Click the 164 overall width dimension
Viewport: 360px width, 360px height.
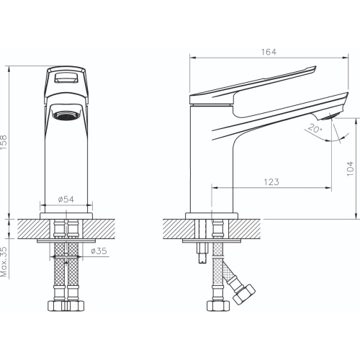269,52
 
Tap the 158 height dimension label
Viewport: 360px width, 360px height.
4,143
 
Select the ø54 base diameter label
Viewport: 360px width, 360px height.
66,199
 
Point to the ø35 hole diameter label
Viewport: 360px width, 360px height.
99,251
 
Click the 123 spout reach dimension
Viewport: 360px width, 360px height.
271,182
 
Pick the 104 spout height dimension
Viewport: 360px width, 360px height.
351,168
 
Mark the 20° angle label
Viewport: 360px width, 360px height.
315,129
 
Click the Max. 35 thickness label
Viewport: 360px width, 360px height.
4,261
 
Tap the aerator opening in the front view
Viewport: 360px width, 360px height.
66,115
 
